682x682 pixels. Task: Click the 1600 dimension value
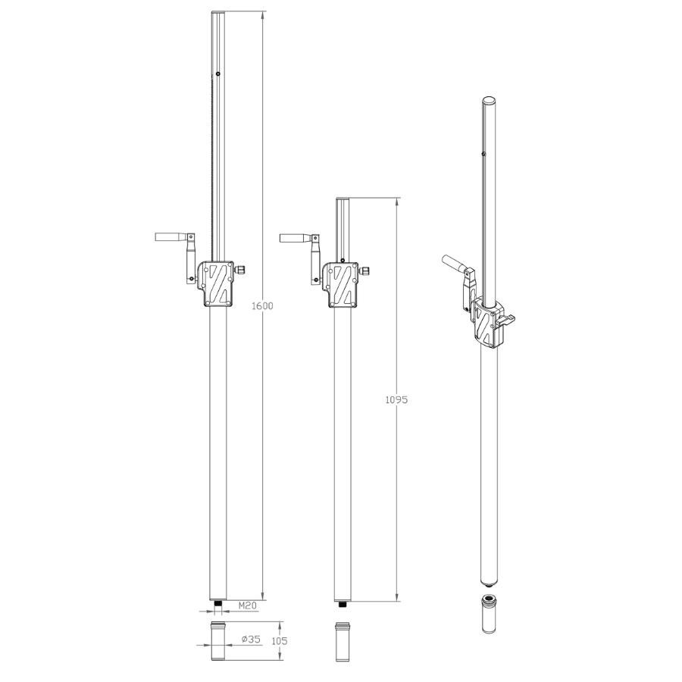(x=263, y=306)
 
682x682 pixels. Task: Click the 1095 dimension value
(x=396, y=399)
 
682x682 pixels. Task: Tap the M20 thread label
(x=248, y=605)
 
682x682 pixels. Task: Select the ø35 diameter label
(x=251, y=639)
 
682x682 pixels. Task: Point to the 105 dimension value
(x=279, y=641)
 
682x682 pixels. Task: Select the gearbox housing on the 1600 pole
(x=217, y=284)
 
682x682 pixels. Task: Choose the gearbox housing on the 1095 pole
(x=342, y=285)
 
